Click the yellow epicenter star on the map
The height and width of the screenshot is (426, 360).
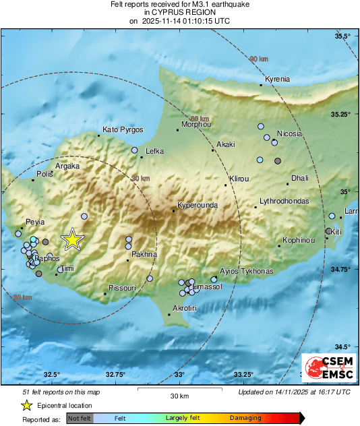click(x=71, y=239)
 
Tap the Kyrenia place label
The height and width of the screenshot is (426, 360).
click(x=277, y=80)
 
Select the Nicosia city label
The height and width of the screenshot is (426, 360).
click(x=289, y=133)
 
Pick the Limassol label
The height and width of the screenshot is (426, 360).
click(x=208, y=287)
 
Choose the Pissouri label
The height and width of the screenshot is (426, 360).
click(x=123, y=288)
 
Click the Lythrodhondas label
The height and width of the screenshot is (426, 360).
click(x=284, y=202)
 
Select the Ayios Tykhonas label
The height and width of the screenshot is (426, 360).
click(x=247, y=271)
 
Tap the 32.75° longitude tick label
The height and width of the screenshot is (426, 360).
click(x=115, y=374)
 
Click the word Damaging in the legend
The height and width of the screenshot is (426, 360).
click(x=245, y=419)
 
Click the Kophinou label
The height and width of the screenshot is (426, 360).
click(x=298, y=240)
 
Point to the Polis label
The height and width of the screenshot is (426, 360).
click(x=44, y=174)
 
